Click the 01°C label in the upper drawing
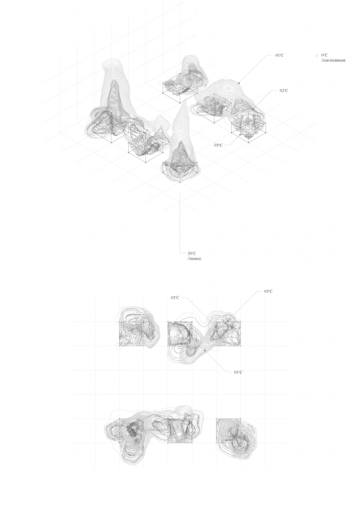pos(279,55)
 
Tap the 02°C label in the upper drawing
pos(284,90)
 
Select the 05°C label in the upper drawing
pos(218,145)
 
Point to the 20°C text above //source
pos(192,253)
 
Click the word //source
pos(194,258)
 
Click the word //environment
pos(333,60)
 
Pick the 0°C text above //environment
pos(324,55)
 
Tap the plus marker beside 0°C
pos(317,56)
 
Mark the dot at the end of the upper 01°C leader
pos(239,83)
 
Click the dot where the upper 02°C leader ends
pos(253,109)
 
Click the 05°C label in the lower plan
pos(269,291)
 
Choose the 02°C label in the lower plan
pos(175,297)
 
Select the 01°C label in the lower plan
pos(238,372)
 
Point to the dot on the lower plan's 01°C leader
pos(205,351)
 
